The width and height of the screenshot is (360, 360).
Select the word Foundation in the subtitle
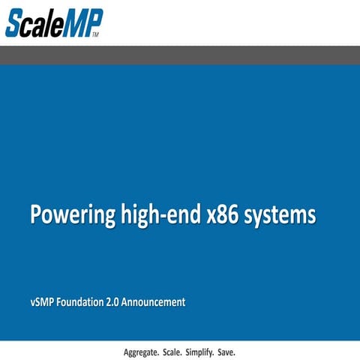click(x=77, y=302)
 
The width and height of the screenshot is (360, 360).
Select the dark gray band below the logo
click(x=180, y=55)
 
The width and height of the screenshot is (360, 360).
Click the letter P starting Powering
click(x=36, y=214)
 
